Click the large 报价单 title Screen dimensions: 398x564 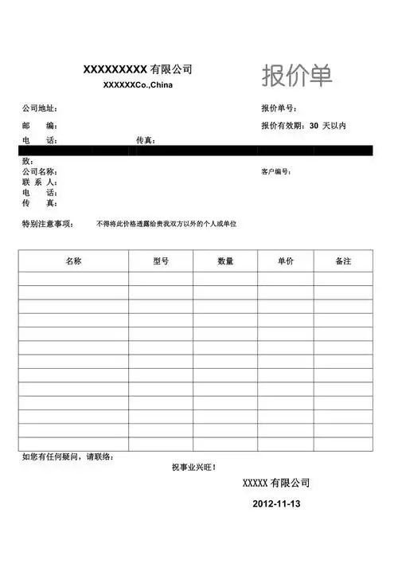tap(297, 76)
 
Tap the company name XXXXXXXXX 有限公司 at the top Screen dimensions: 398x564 tap(138, 69)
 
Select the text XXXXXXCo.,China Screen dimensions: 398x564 tap(139, 85)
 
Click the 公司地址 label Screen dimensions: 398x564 tap(39, 108)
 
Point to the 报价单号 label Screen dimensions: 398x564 tap(279, 108)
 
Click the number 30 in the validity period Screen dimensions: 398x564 tap(314, 126)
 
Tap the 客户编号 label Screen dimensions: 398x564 tap(276, 171)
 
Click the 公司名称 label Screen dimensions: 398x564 tap(39, 171)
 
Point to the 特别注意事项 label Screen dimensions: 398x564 tap(48, 224)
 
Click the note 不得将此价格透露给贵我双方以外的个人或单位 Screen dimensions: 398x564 tap(166, 224)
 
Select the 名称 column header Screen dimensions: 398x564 tap(73, 260)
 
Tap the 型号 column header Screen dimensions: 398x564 tap(161, 260)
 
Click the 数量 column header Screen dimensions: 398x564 tap(225, 260)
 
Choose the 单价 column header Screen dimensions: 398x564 tap(286, 260)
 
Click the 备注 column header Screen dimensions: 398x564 tap(343, 260)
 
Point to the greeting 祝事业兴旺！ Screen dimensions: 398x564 tap(193, 467)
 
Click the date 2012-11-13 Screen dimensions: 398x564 tap(276, 504)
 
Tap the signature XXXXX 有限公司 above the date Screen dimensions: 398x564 tap(276, 483)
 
